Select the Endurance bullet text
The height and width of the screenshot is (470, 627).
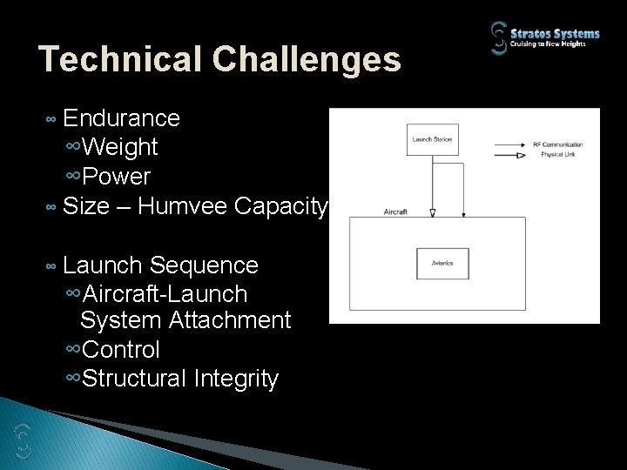121,117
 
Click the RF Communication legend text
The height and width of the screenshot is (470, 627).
557,144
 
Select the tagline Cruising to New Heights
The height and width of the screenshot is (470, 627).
560,45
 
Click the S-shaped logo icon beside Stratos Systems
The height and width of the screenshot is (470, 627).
499,39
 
